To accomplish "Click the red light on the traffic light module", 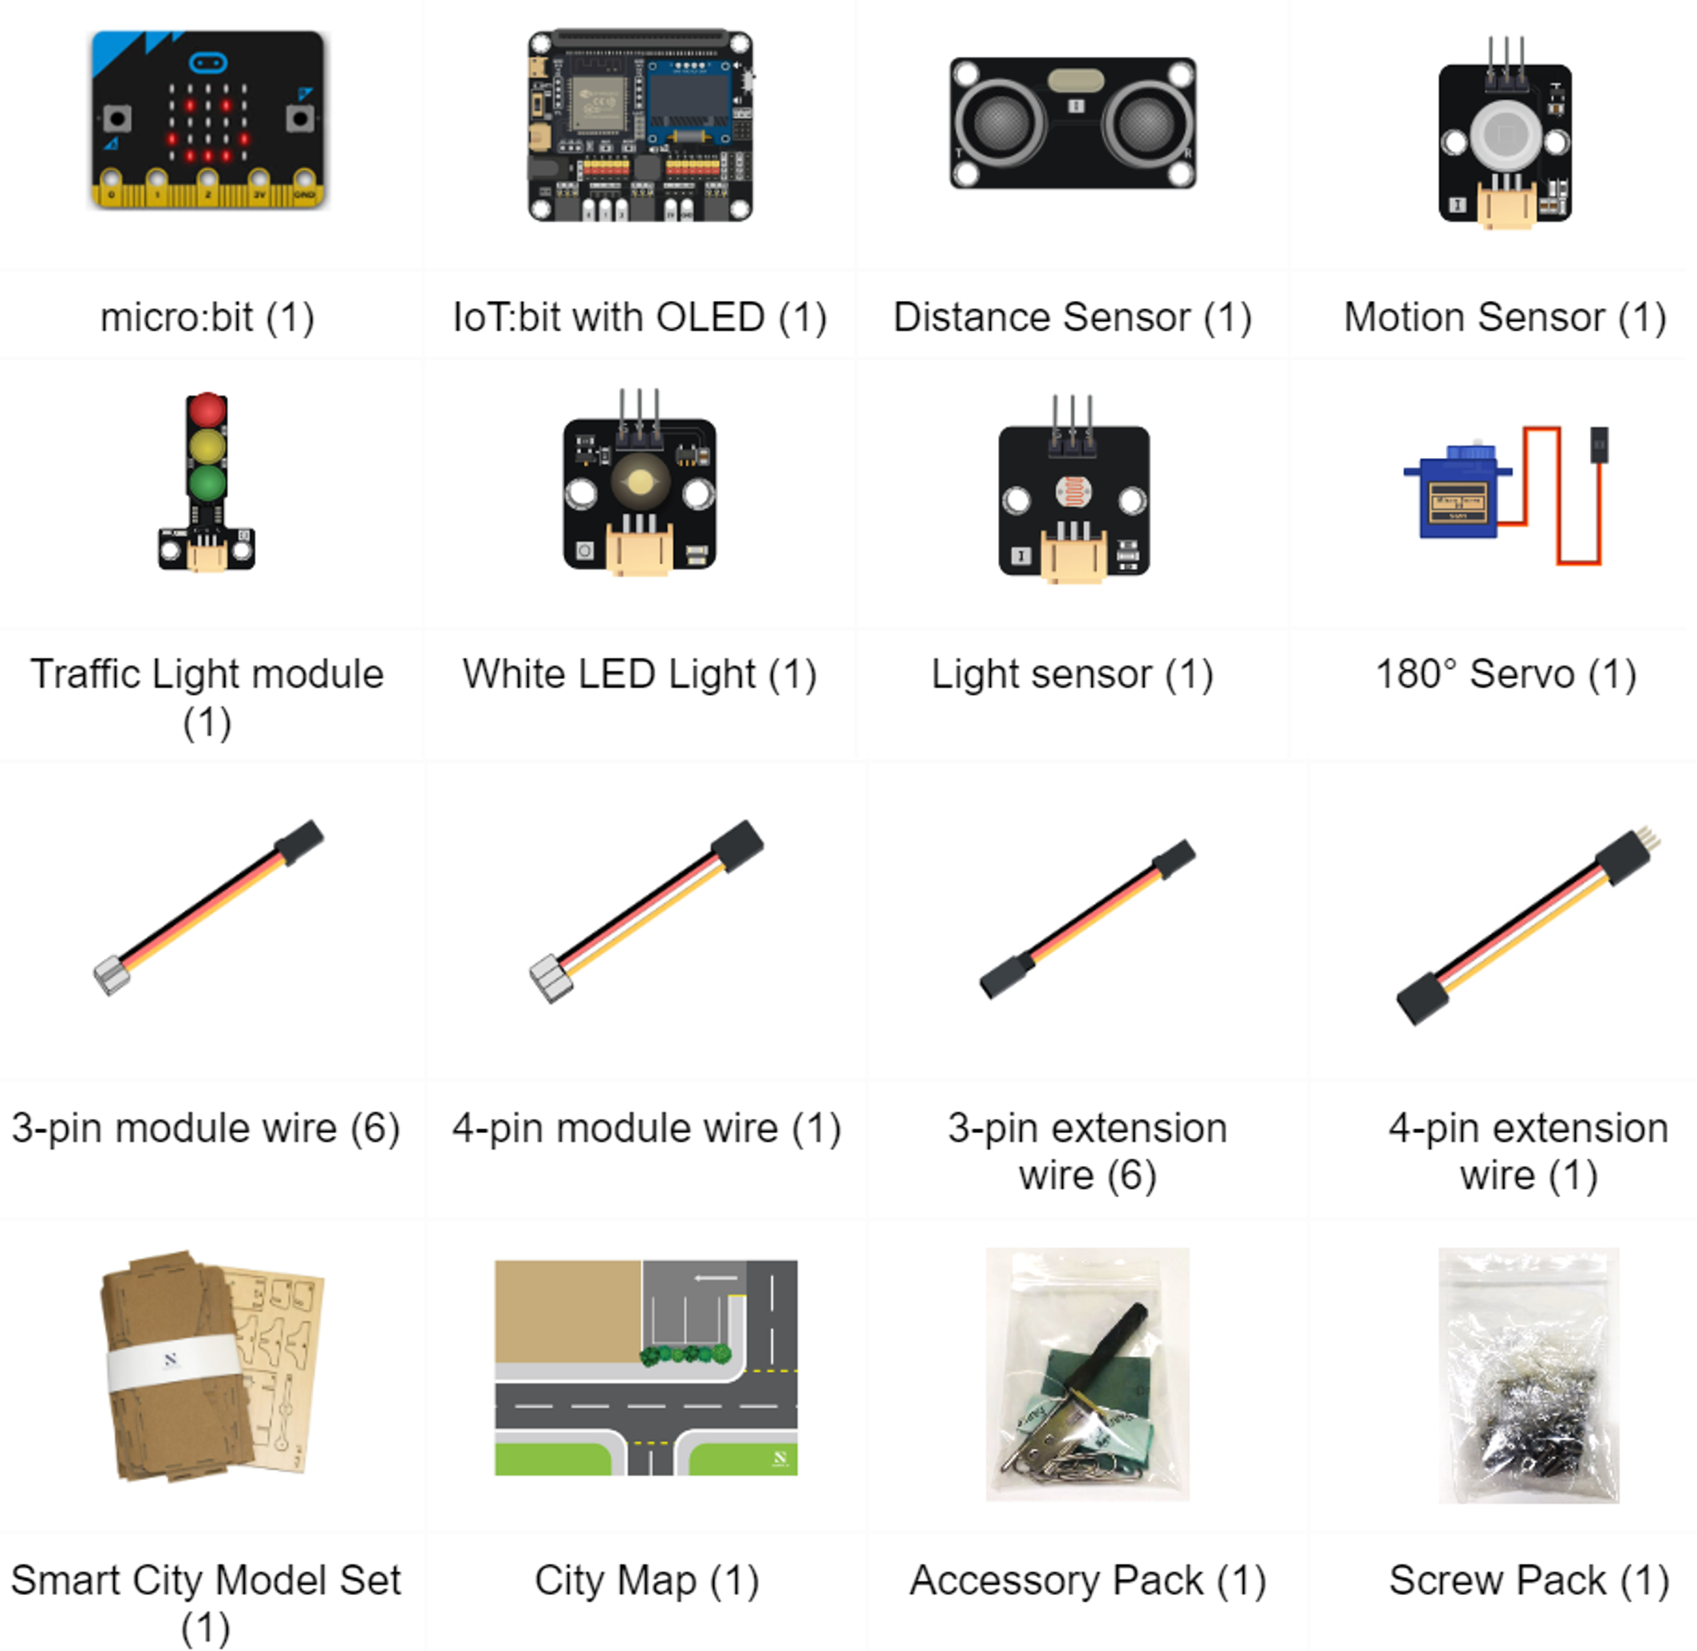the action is (x=207, y=410).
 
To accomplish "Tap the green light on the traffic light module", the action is (x=207, y=483).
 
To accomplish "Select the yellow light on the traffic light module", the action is (x=207, y=447).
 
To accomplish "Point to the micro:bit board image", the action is (x=208, y=119).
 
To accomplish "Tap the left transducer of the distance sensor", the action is (x=1000, y=122).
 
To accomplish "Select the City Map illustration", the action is (x=646, y=1368).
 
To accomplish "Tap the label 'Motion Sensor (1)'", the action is (x=1505, y=318).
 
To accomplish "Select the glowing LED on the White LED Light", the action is (x=640, y=481).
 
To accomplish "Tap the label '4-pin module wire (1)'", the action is (x=647, y=1128).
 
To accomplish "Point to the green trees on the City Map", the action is (x=685, y=1354).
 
